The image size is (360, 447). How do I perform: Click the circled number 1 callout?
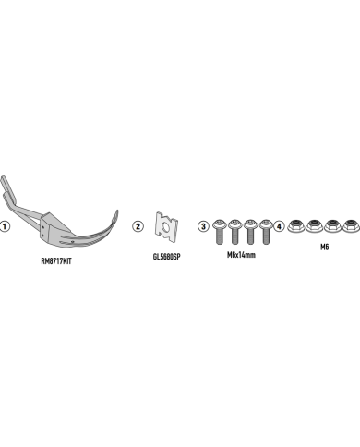(5, 226)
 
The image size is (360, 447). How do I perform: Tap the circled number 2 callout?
(138, 226)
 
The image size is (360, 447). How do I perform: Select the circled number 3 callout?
(203, 226)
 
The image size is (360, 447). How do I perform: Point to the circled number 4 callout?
(279, 226)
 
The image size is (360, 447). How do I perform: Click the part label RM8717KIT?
(56, 261)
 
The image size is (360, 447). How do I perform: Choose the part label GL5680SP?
(166, 257)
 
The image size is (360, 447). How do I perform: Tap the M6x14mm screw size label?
(241, 255)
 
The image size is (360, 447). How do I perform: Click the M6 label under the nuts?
(325, 247)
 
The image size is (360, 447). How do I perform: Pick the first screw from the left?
(219, 232)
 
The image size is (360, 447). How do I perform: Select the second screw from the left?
(234, 232)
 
